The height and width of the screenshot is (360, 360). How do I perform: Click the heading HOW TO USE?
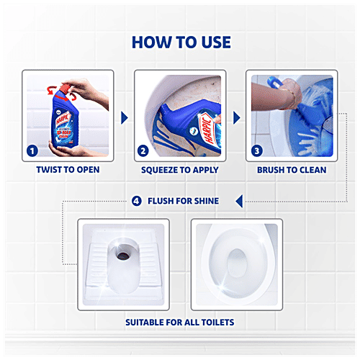coord(180,42)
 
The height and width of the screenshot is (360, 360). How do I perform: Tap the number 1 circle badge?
coord(32,151)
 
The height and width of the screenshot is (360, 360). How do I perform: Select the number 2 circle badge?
coord(143,151)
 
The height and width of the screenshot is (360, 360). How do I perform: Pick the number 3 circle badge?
coord(256,151)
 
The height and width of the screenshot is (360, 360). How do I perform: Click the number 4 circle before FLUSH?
coord(137,200)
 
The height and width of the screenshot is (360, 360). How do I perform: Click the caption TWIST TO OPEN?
coord(68,171)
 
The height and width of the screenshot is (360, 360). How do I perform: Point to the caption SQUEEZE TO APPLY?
coord(180,171)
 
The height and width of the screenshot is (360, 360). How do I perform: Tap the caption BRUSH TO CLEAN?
coord(292,171)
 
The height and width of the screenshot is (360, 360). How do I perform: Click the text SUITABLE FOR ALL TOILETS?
coord(180,321)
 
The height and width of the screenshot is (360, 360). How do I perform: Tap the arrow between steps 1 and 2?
coord(124,117)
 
